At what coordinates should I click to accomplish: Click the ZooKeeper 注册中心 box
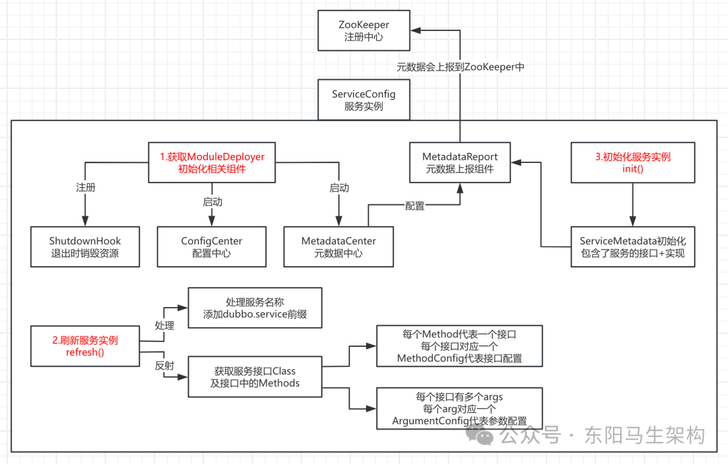point(363,31)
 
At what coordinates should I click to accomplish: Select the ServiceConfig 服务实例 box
point(363,100)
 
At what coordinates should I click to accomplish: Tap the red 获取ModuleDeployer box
point(212,163)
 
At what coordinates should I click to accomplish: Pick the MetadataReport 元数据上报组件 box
point(459,163)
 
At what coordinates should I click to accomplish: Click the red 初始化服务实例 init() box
point(632,163)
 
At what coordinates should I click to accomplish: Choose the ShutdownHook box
point(85,247)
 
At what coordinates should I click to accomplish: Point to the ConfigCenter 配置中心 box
point(212,247)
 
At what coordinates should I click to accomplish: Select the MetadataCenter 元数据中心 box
point(338,247)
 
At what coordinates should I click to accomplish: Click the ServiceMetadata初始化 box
point(632,247)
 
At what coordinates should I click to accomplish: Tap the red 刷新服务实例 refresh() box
point(85,346)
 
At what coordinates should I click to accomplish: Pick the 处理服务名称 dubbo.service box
point(255,308)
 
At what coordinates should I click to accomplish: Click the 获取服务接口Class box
point(255,377)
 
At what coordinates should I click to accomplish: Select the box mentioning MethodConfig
point(459,346)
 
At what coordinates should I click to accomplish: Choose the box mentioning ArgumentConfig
point(459,409)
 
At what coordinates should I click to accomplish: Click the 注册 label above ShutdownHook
point(86,188)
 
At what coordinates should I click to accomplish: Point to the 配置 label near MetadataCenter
point(415,206)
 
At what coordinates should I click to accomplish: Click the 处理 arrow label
point(164,325)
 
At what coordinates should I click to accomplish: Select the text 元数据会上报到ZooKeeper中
point(460,67)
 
